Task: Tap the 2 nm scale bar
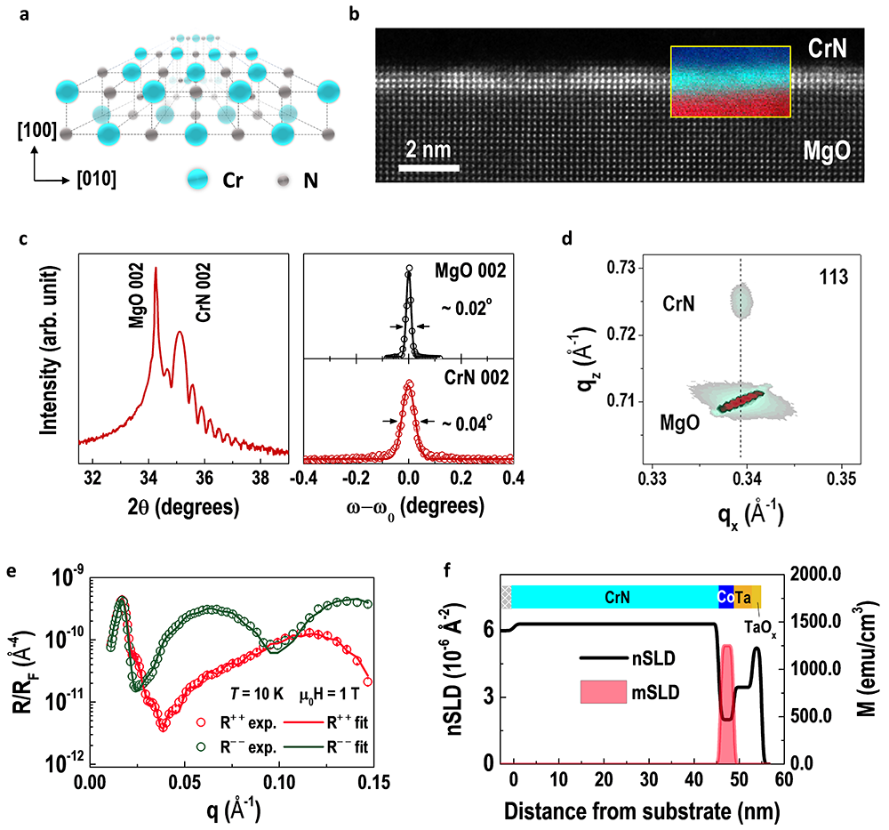pyautogui.click(x=428, y=166)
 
